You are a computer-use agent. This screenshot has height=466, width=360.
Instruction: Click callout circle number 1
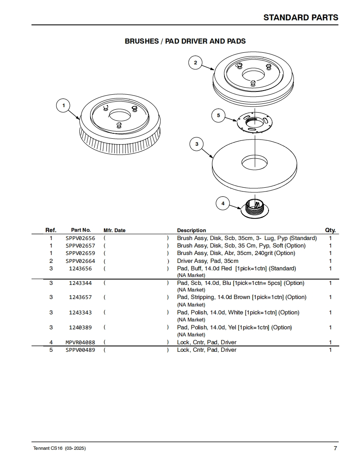coord(64,105)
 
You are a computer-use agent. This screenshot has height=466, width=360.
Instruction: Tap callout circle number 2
coord(195,63)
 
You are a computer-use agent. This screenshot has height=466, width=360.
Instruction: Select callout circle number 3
coord(197,144)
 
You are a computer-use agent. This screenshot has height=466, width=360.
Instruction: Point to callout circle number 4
coord(223,204)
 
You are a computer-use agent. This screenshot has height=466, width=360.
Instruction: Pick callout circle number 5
coord(218,115)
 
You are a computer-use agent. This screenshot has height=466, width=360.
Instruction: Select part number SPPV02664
coord(80,261)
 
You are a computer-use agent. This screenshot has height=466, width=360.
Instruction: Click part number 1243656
coord(80,268)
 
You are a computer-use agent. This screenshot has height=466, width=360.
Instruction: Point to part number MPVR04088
coord(80,342)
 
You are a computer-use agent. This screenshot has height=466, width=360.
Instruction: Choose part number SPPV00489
coord(80,350)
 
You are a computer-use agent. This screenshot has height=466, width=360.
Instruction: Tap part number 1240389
coord(80,327)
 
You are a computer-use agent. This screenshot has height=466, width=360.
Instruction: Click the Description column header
coord(191,230)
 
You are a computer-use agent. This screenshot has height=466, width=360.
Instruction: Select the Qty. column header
coord(330,230)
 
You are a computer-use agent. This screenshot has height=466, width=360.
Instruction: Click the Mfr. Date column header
coord(114,230)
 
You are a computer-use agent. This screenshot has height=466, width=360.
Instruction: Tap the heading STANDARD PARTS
coord(301,17)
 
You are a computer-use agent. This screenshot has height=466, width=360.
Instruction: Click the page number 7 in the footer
coord(335,448)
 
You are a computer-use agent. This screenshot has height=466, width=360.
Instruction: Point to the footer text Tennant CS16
coord(47,449)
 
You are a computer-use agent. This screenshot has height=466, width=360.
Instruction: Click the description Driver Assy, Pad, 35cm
coord(207,261)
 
